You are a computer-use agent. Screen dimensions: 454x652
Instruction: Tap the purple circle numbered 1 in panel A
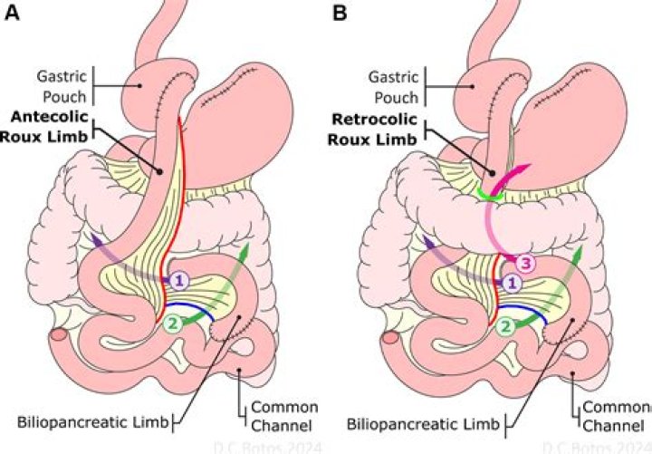click(x=179, y=281)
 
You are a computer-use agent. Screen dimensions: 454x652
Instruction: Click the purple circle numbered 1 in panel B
click(x=512, y=283)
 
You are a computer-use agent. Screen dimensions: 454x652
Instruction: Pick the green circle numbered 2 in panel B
click(x=508, y=324)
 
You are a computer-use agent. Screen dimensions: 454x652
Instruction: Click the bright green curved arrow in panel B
click(x=490, y=193)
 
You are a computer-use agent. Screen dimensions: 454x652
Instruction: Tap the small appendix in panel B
click(x=389, y=336)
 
